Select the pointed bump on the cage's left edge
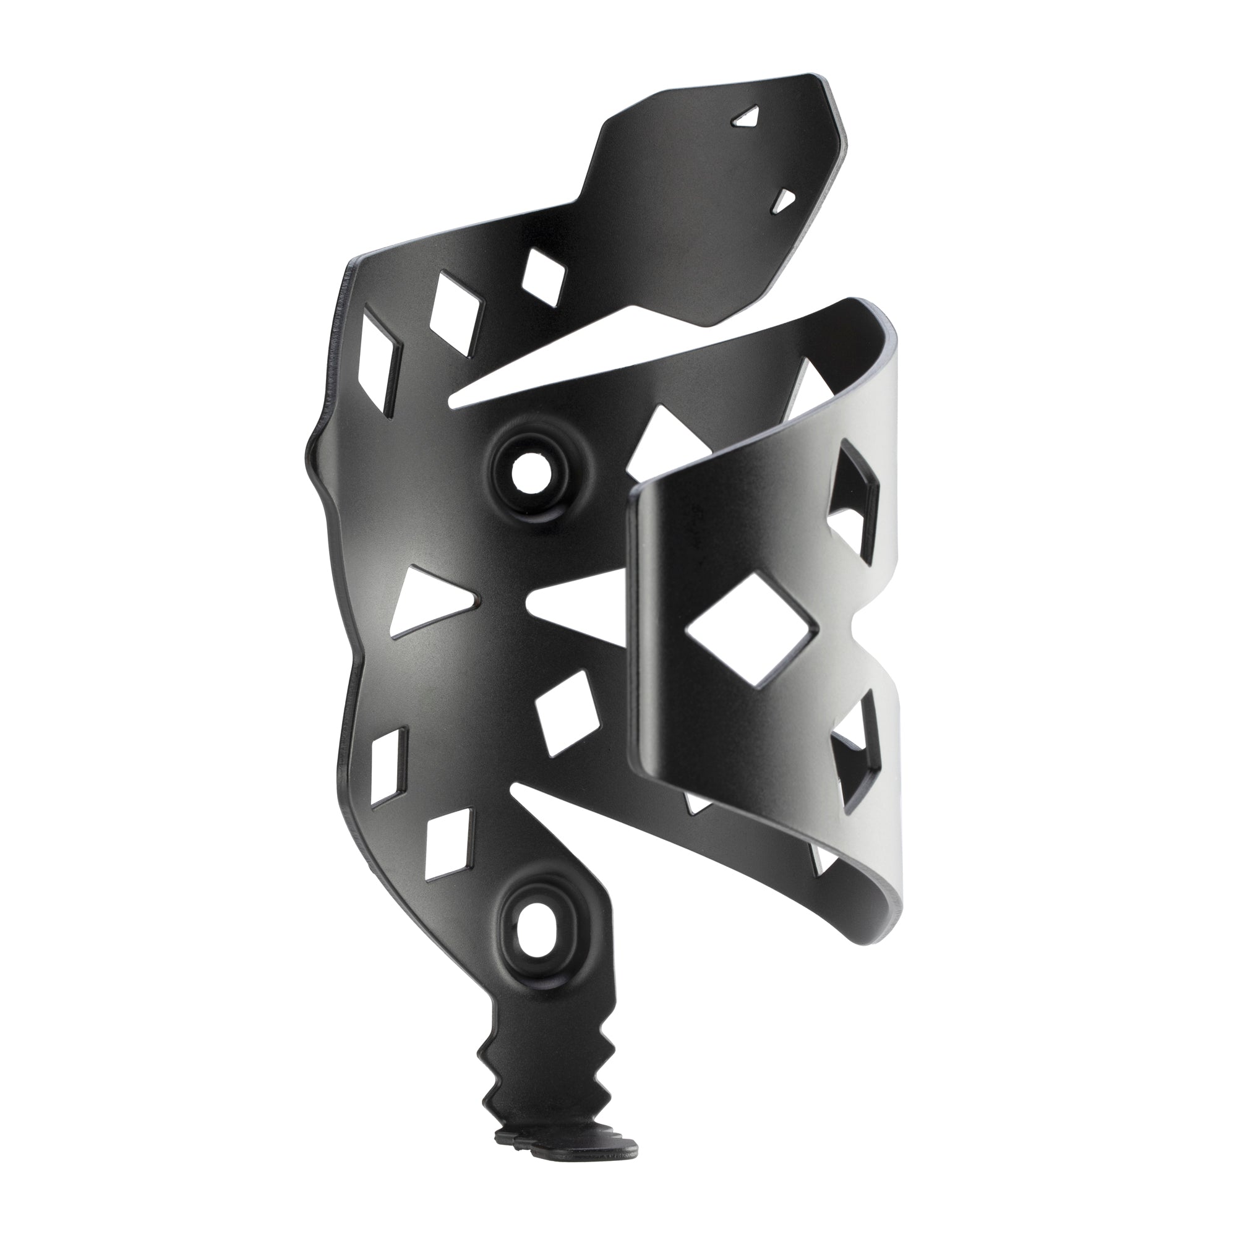(312, 453)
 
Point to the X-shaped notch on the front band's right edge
(878, 631)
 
